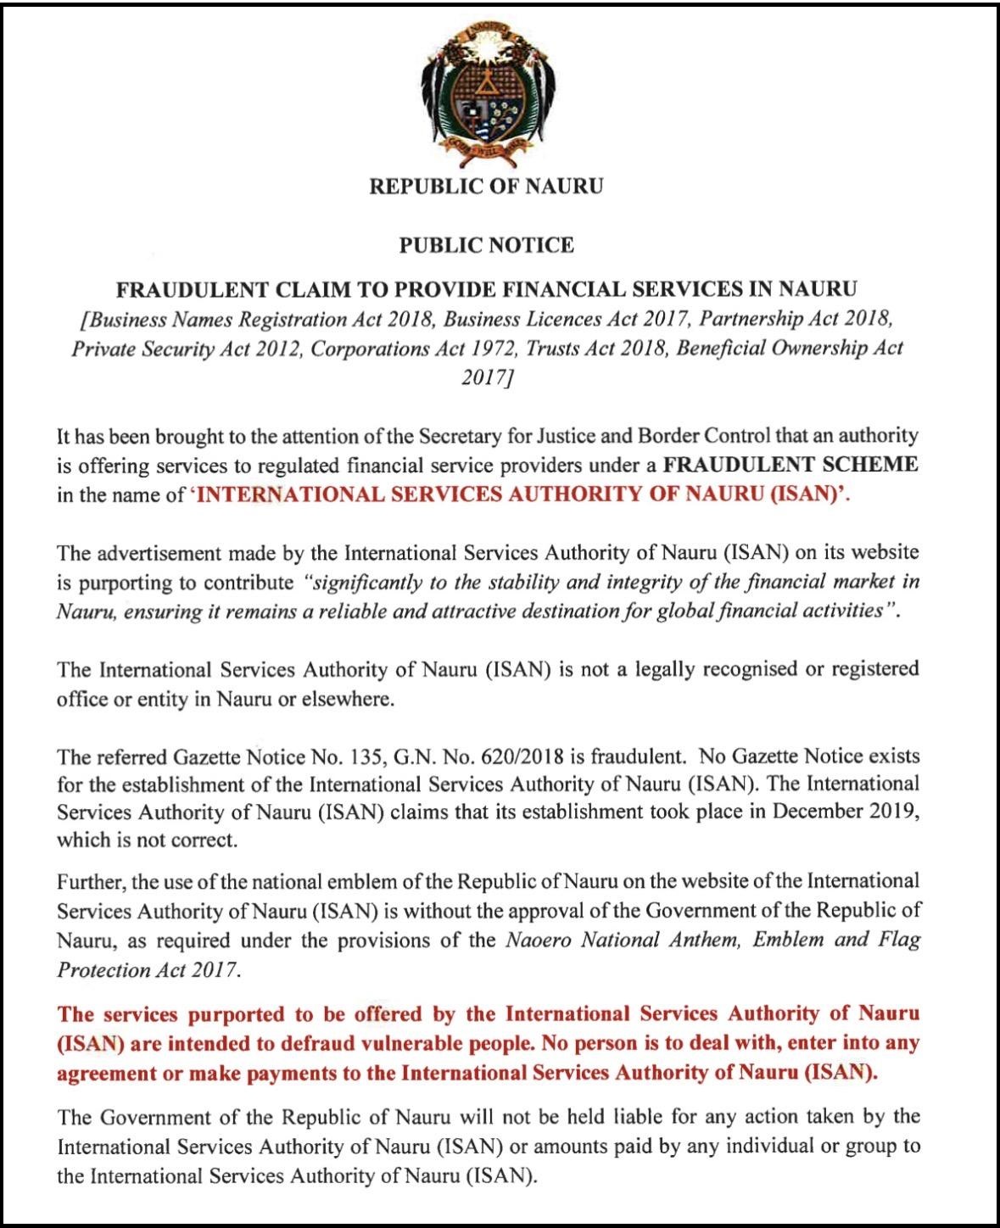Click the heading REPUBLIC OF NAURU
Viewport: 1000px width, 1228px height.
[486, 187]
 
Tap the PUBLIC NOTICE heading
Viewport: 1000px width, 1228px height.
[486, 246]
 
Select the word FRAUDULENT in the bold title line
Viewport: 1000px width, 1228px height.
[189, 289]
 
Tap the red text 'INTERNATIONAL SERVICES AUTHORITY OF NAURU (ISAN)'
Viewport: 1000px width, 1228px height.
[521, 494]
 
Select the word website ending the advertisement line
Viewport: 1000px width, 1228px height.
[884, 553]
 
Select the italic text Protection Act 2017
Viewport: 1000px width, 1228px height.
[145, 969]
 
